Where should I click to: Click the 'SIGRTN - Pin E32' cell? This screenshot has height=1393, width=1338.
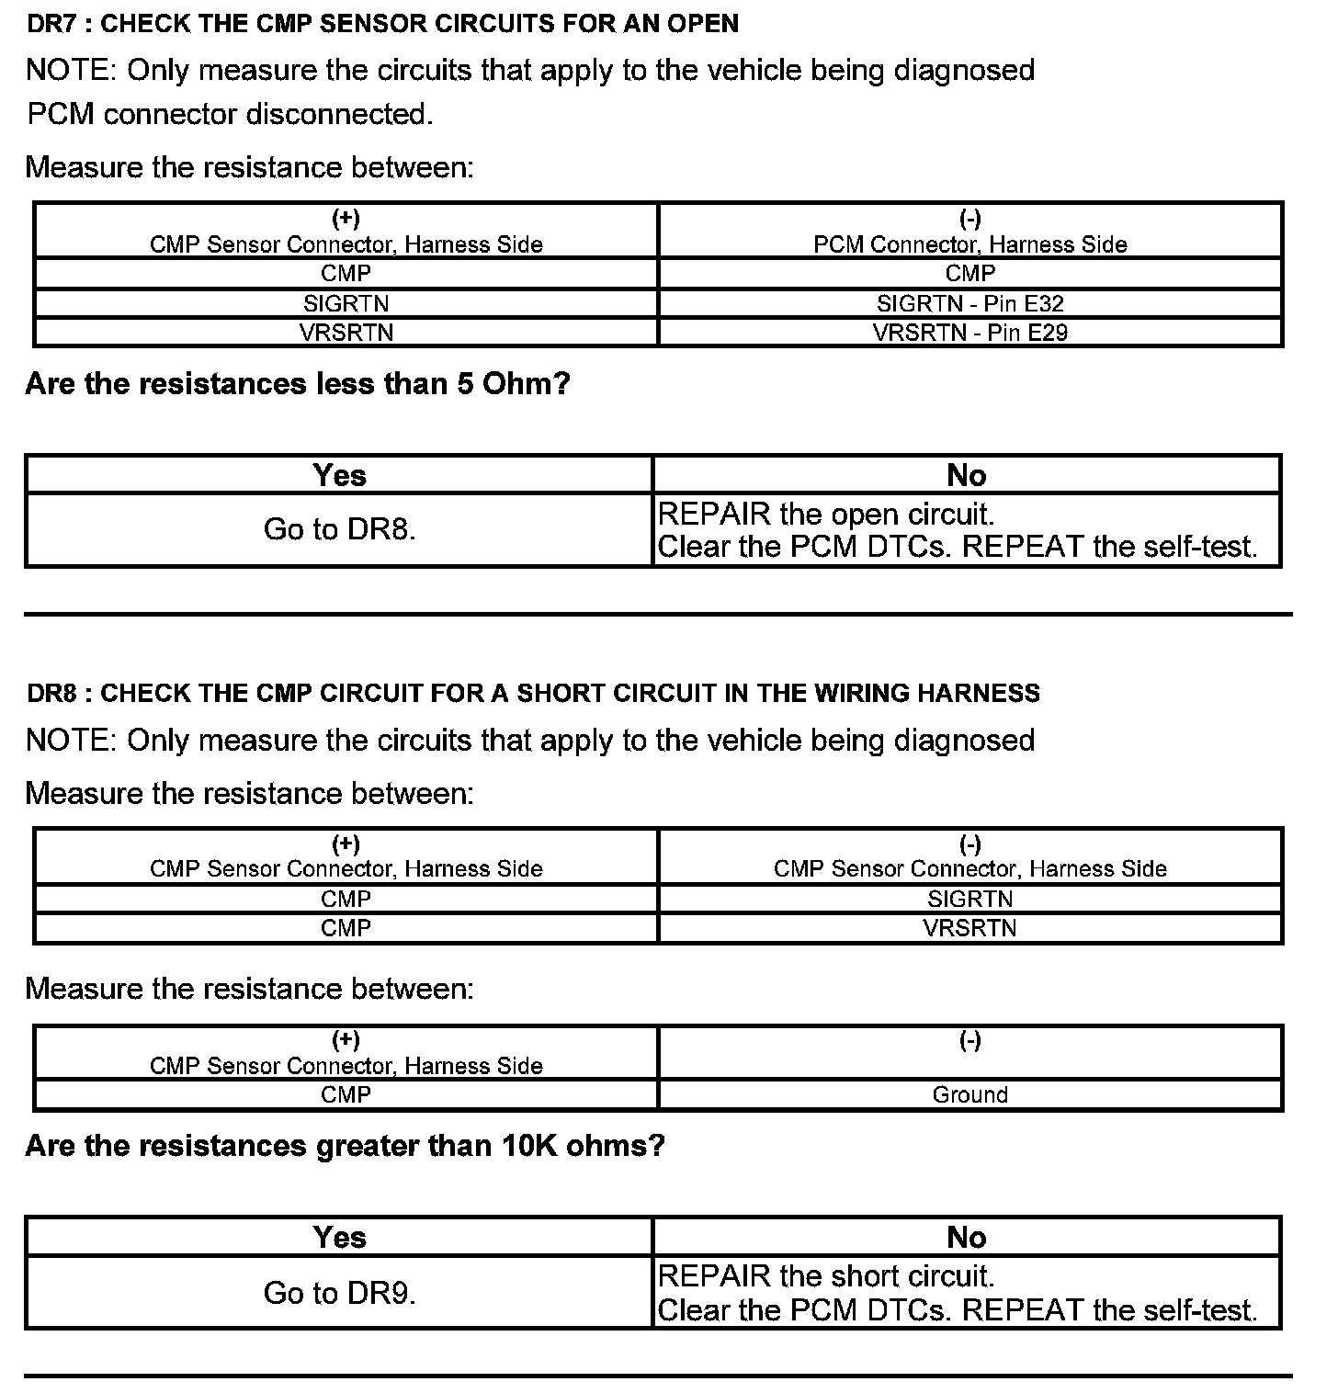point(969,303)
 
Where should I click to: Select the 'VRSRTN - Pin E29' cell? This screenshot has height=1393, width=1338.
point(969,333)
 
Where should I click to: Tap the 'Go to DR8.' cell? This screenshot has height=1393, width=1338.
point(339,529)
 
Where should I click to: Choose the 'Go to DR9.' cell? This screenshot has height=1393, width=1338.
point(339,1293)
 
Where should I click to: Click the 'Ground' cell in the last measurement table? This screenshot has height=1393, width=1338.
point(969,1094)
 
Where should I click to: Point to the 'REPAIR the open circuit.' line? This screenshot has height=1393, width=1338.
point(826,514)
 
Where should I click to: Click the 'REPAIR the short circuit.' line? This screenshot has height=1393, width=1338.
point(826,1276)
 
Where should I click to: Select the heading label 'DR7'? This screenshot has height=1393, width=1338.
point(50,24)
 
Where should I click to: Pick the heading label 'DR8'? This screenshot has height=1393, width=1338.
point(50,693)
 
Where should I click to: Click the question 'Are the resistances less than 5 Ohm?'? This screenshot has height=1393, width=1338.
point(298,383)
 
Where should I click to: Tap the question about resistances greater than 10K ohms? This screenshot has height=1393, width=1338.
point(345,1146)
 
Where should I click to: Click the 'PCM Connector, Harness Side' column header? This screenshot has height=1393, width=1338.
point(969,244)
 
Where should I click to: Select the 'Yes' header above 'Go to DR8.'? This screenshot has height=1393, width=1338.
point(339,475)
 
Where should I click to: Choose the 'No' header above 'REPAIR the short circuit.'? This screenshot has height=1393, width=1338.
point(966,1238)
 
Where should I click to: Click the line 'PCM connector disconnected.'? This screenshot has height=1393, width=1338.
point(230,115)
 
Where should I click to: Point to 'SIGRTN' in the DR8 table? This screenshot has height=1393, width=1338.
point(969,899)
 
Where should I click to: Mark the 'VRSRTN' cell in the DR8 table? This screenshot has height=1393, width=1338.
point(969,928)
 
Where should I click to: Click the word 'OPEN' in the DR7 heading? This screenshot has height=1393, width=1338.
point(703,24)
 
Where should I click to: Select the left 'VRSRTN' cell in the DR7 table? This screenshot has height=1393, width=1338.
point(346,333)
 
